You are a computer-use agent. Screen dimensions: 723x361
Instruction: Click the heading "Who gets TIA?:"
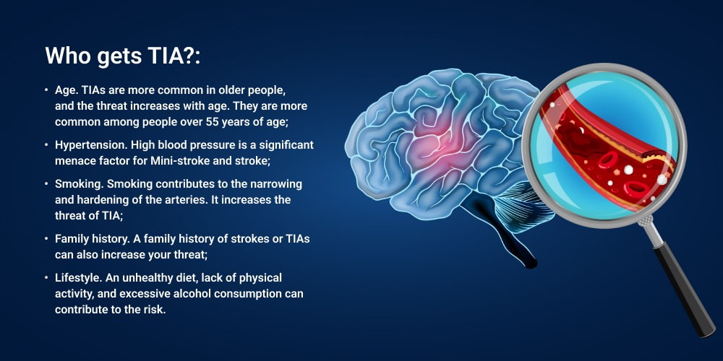click(x=123, y=56)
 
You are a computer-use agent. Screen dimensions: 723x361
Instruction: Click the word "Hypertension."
click(x=91, y=145)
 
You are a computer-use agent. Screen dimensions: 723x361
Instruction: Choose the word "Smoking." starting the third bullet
click(x=75, y=184)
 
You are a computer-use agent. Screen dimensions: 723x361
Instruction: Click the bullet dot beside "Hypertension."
click(x=46, y=145)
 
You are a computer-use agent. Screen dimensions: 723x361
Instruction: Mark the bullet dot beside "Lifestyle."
click(x=46, y=278)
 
